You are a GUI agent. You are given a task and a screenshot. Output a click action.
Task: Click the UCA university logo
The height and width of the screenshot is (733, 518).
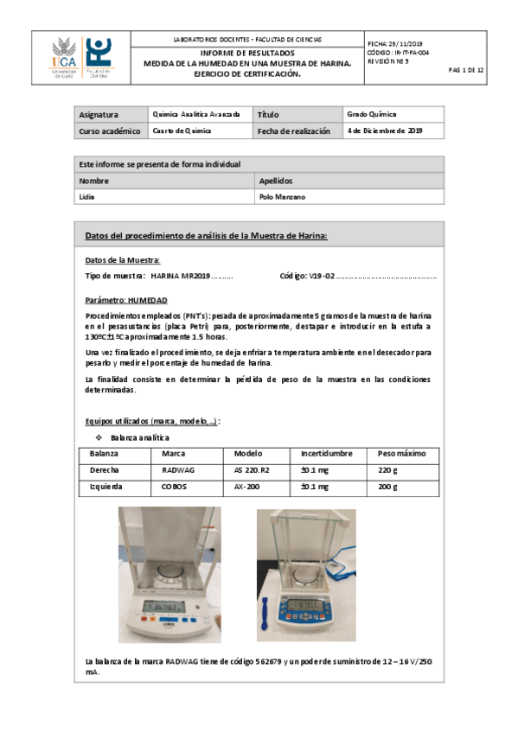64,58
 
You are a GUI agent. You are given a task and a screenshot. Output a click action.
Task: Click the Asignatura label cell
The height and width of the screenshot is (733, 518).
99,114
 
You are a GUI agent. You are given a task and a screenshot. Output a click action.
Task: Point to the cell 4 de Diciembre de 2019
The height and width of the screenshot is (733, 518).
384,131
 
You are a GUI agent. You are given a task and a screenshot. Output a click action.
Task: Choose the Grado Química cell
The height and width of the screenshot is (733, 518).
371,114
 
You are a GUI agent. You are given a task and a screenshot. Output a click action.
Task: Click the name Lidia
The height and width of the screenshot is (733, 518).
87,196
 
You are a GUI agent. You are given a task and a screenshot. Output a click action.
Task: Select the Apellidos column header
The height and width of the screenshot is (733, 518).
276,181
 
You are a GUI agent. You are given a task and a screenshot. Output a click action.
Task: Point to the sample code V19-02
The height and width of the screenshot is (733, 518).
323,276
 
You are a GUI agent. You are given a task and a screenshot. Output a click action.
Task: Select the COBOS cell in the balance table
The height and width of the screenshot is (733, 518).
174,487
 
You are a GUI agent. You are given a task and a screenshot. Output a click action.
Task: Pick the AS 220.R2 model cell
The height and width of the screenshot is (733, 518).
253,470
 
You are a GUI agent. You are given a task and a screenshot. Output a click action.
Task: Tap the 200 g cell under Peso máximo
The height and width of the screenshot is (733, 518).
387,487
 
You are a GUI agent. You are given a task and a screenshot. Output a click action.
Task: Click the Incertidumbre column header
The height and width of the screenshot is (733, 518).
326,454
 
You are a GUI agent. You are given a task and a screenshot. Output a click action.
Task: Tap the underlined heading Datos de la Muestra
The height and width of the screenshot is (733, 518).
122,260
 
